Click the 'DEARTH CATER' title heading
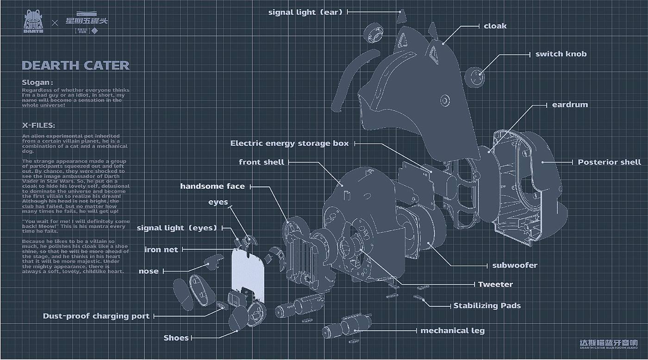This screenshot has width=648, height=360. coord(75,65)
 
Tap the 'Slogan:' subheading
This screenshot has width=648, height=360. coord(37,82)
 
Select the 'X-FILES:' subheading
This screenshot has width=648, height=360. coord(38,125)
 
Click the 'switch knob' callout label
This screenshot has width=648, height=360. coord(561,54)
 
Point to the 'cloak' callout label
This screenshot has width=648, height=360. coord(495,26)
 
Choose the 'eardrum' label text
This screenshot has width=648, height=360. coord(570,105)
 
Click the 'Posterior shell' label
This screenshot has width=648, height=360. coord(609,162)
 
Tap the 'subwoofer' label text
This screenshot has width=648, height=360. coord(514,265)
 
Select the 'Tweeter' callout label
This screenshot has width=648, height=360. coord(495,284)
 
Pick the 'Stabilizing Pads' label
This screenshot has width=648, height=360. coord(487,305)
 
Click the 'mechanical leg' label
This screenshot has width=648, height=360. coord(452,330)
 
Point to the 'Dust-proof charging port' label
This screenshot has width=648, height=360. coord(96,316)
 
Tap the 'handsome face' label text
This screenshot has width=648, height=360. coord(212,186)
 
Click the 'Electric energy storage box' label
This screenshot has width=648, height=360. coord(289,143)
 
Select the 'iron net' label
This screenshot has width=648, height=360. coord(161,249)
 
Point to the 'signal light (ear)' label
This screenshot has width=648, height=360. coord(305,12)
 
